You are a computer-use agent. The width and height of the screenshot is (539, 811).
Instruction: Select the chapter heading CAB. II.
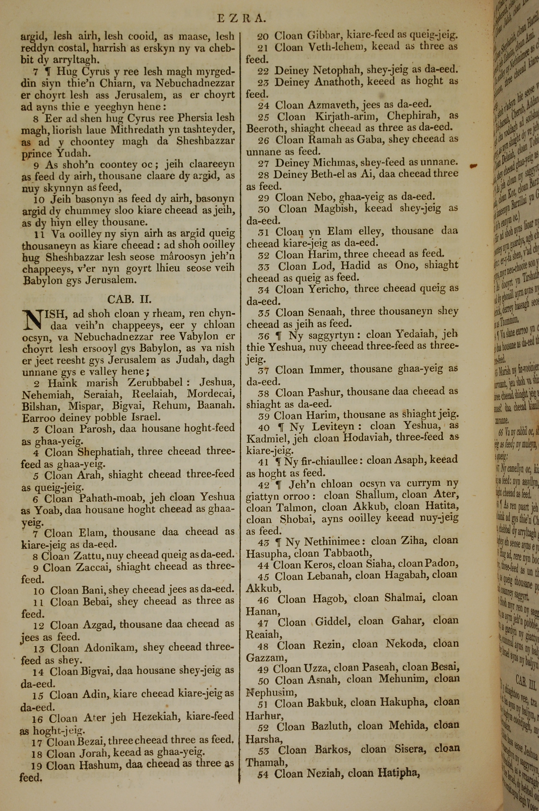tap(129, 299)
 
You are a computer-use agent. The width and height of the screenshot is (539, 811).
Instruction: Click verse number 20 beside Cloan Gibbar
tap(263, 36)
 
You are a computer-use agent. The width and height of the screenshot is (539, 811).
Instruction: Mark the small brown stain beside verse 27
tap(474, 166)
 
